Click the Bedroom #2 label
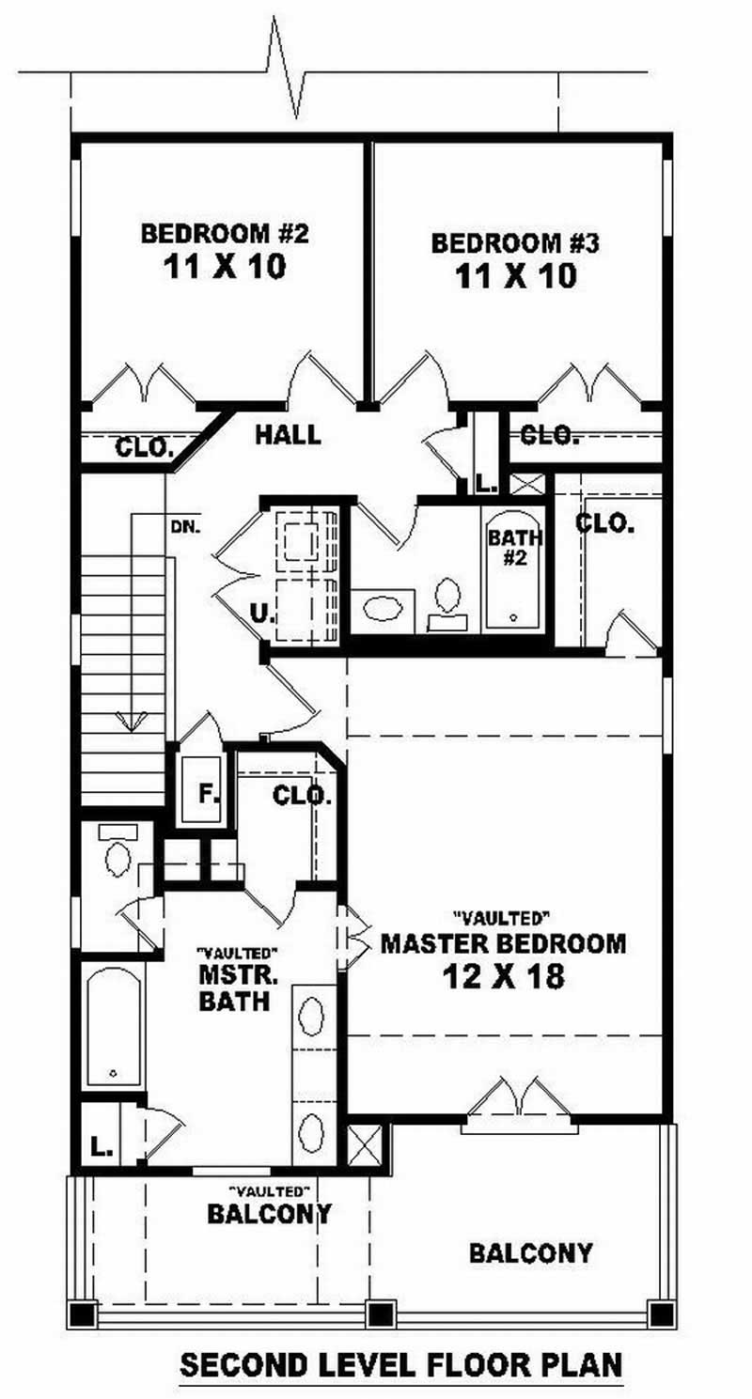click(x=225, y=234)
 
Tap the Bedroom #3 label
click(x=515, y=243)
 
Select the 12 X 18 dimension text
click(x=503, y=977)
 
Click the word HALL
click(x=288, y=435)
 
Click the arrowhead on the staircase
click(x=132, y=721)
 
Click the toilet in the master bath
click(x=117, y=852)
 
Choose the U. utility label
click(x=260, y=614)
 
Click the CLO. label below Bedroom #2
click(x=144, y=447)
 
